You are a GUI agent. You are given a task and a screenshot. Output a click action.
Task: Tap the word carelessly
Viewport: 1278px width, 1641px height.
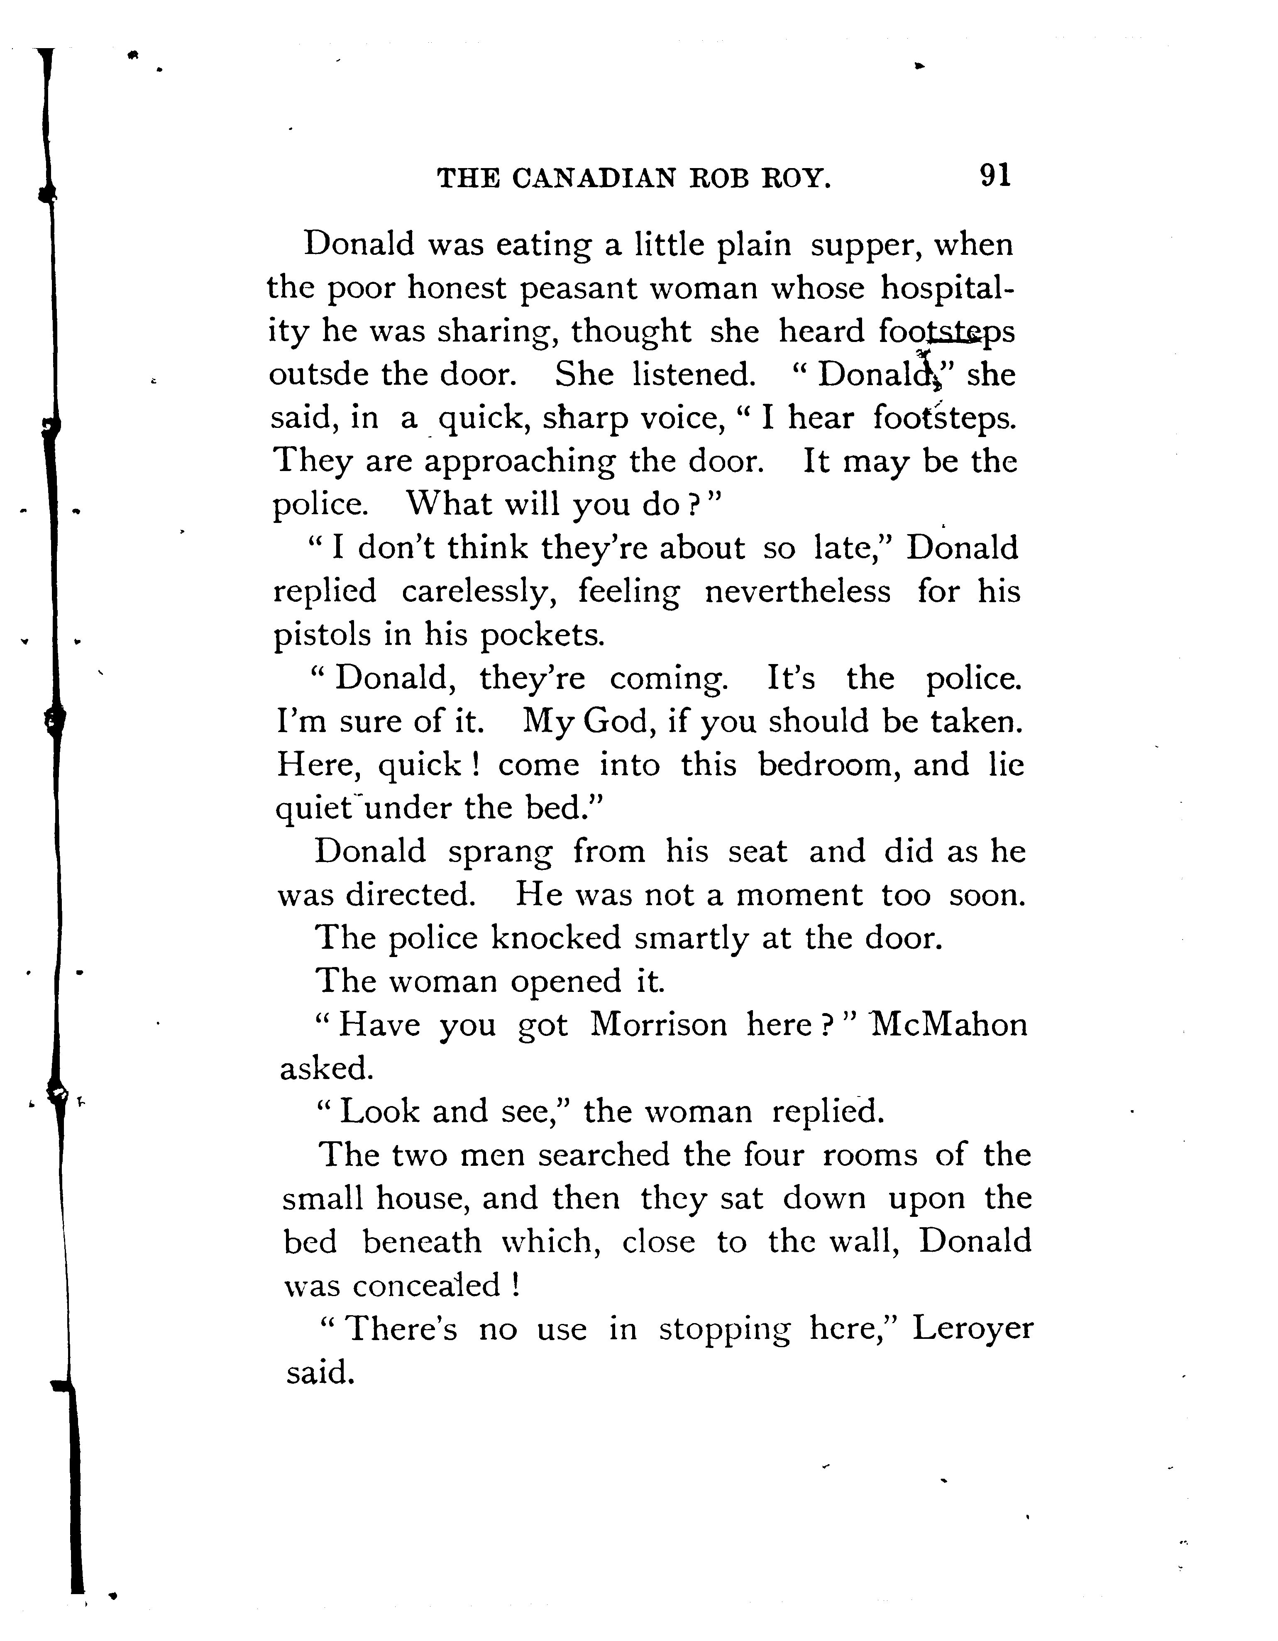click(479, 592)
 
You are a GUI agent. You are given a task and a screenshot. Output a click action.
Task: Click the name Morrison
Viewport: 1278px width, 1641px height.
click(658, 1025)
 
